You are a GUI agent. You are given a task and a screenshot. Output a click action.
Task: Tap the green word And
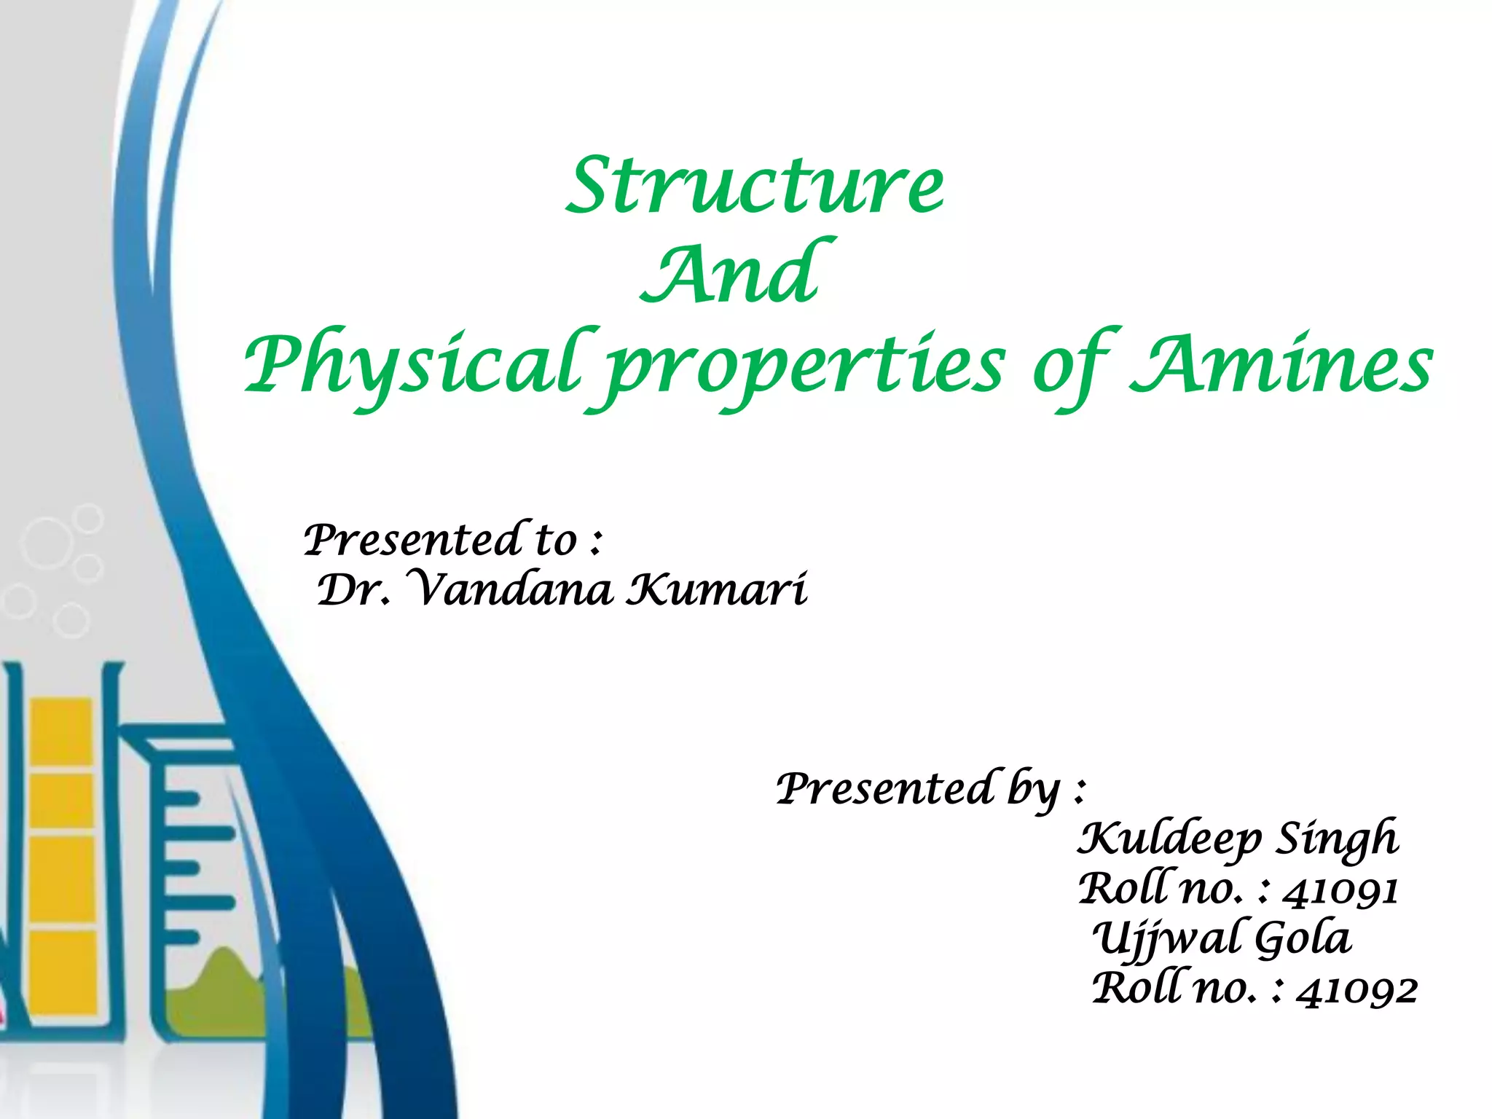click(736, 273)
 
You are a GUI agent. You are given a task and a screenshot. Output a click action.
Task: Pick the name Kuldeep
click(1169, 839)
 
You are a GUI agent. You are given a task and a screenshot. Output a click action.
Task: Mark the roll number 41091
click(1340, 890)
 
